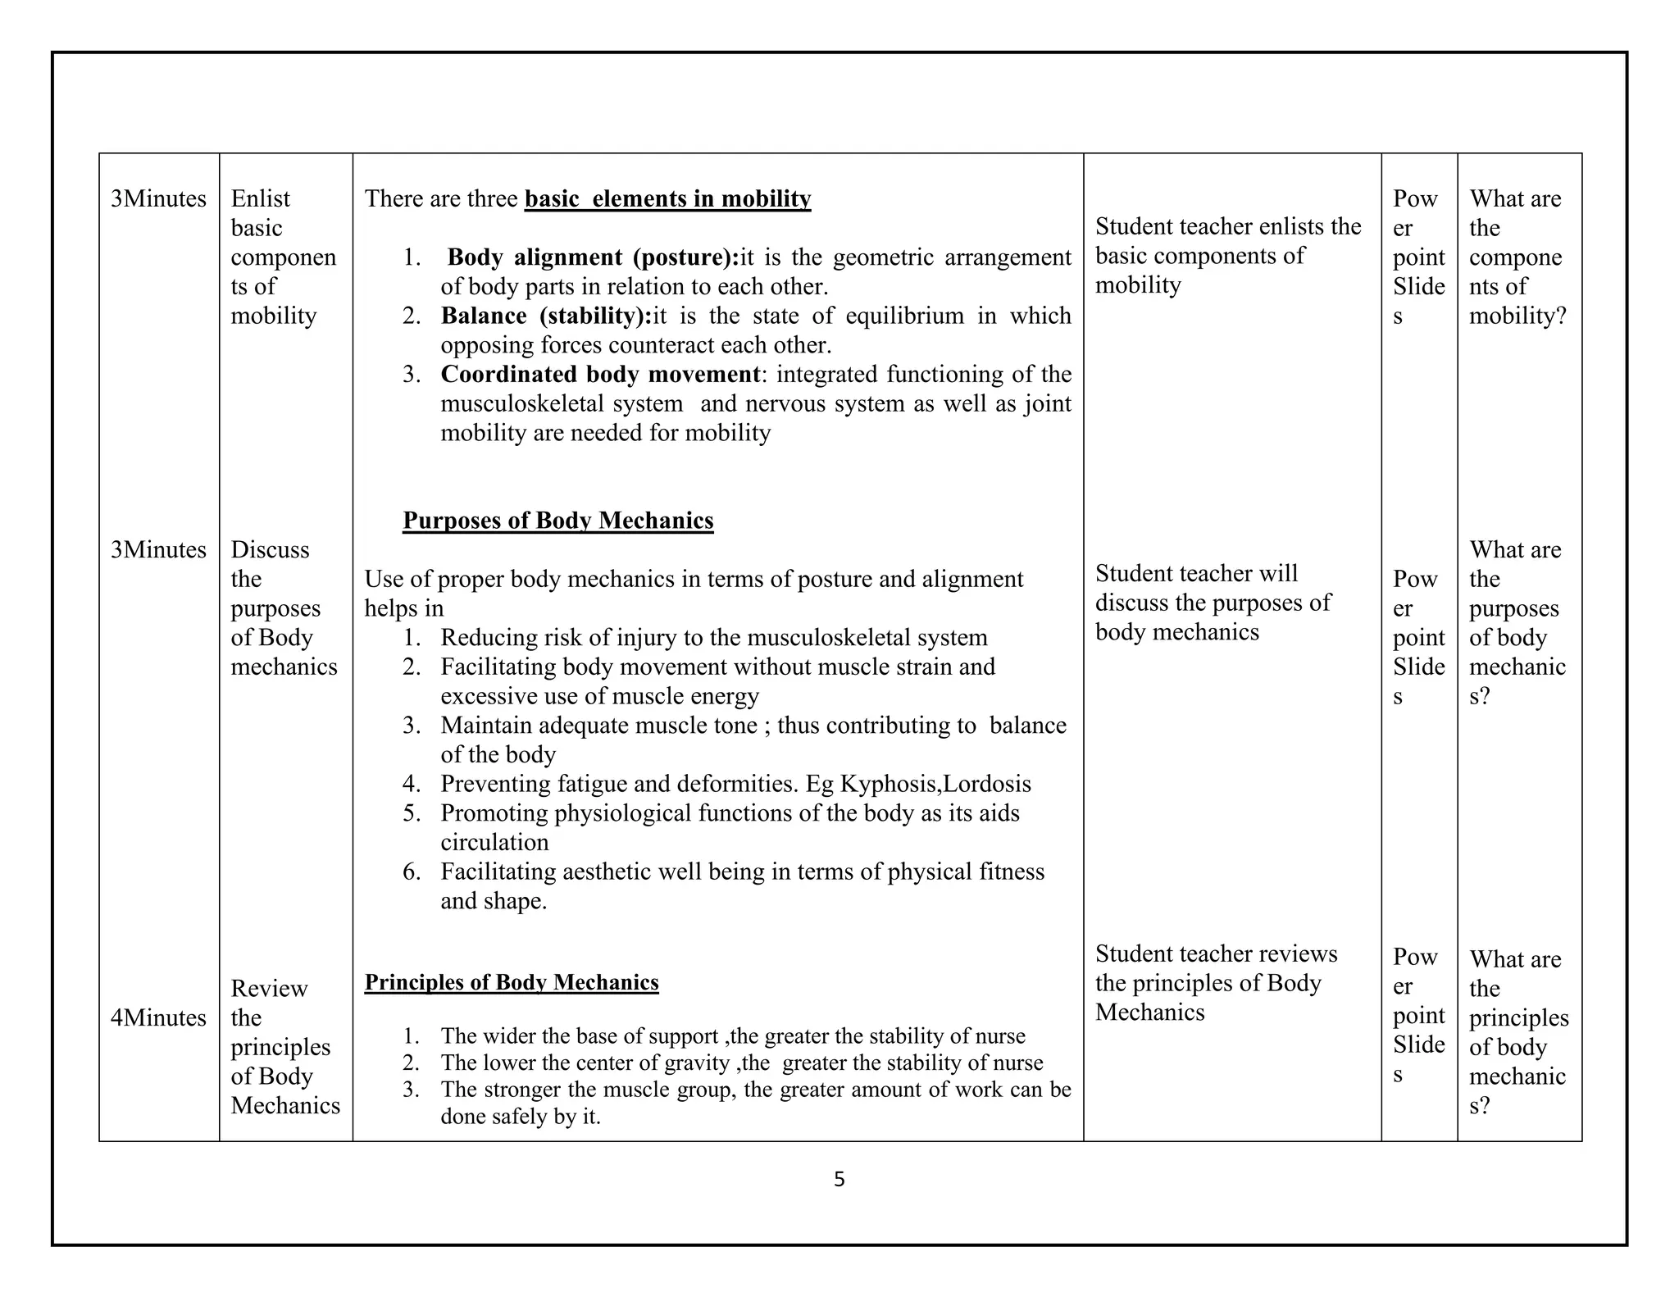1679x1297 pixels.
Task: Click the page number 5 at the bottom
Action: [x=839, y=1179]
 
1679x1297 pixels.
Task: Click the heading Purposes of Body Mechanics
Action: [x=557, y=521]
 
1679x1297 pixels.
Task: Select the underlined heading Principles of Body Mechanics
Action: [x=511, y=982]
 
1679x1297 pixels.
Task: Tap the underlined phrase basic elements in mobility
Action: [x=667, y=199]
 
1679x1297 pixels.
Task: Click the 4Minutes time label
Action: [x=158, y=1017]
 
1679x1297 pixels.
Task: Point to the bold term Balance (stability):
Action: [x=545, y=316]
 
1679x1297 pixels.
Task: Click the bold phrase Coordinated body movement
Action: [x=600, y=374]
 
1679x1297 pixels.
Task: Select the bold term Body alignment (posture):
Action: [x=593, y=257]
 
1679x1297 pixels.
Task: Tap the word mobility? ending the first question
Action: [x=1517, y=316]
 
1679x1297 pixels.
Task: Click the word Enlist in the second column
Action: [x=260, y=199]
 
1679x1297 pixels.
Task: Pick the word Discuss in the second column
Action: [x=270, y=549]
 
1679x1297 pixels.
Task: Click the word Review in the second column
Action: [x=269, y=989]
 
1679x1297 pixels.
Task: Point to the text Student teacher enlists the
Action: [x=1227, y=226]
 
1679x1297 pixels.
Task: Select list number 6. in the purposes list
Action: [x=411, y=871]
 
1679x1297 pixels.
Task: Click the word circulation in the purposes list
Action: [x=494, y=843]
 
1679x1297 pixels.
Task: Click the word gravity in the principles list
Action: [x=695, y=1063]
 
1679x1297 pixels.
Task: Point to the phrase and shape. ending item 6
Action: [x=494, y=901]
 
